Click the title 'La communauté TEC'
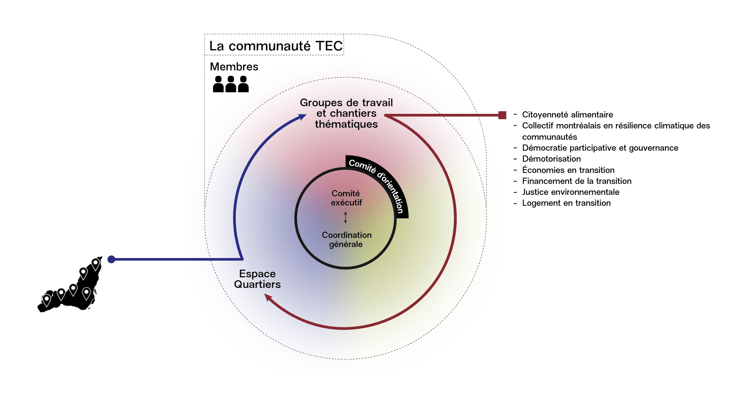(276, 46)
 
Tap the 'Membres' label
(234, 66)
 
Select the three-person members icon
(231, 84)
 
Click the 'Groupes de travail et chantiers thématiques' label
(346, 113)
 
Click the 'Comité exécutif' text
(346, 198)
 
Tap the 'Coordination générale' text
(347, 239)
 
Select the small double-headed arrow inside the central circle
(345, 217)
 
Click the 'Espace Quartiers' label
(257, 279)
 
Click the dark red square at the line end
(502, 115)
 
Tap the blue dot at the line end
(112, 259)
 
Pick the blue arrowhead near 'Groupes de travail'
(303, 117)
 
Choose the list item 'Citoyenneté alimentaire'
(567, 115)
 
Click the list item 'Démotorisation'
(551, 159)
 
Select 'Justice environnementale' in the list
(571, 192)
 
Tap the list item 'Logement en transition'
(566, 203)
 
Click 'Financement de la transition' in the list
(576, 181)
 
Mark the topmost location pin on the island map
(96, 263)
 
